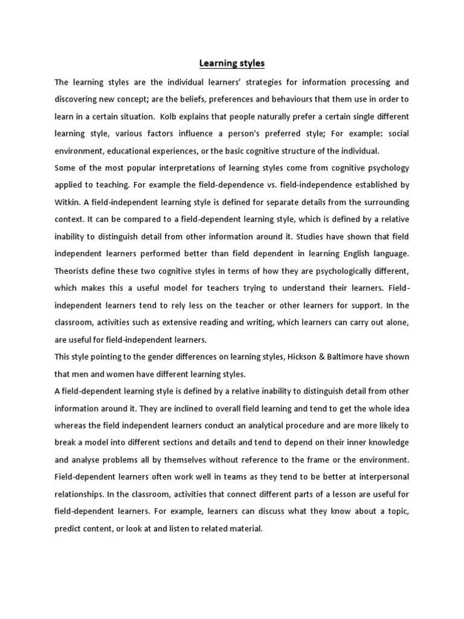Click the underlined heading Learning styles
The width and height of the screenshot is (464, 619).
pyautogui.click(x=231, y=62)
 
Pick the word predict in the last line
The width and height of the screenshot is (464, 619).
pyautogui.click(x=71, y=528)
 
